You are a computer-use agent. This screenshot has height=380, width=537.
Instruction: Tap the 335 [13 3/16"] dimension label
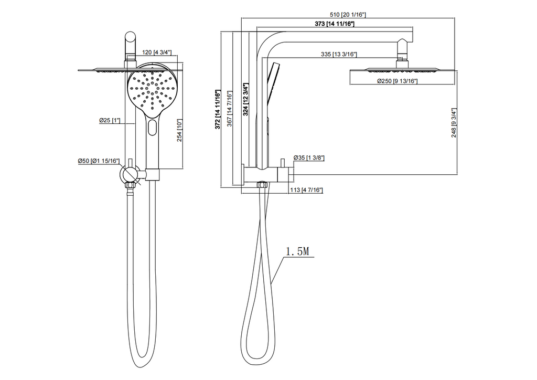(x=339, y=54)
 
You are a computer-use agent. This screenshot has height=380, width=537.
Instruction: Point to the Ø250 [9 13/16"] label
(x=397, y=81)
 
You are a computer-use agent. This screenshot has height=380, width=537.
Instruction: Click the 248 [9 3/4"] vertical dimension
(x=454, y=123)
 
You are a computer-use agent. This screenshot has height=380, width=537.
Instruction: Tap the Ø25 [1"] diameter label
(x=110, y=121)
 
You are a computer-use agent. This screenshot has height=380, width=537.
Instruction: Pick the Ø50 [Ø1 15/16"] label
(x=98, y=161)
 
